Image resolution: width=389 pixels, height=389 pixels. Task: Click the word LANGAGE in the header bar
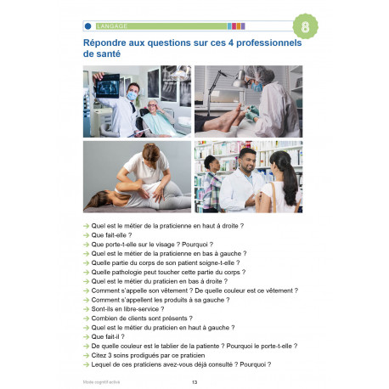[112, 26]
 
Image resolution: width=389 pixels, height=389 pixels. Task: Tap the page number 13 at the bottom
[194, 381]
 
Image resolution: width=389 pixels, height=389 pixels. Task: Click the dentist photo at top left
[137, 102]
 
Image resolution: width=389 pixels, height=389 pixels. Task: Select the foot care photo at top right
[248, 102]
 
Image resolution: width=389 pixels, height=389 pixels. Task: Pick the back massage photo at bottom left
[137, 176]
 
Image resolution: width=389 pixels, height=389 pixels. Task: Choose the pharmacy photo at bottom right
[248, 176]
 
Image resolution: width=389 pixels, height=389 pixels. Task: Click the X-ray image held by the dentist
[110, 82]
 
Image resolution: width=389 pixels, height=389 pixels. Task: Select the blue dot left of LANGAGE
[88, 26]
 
